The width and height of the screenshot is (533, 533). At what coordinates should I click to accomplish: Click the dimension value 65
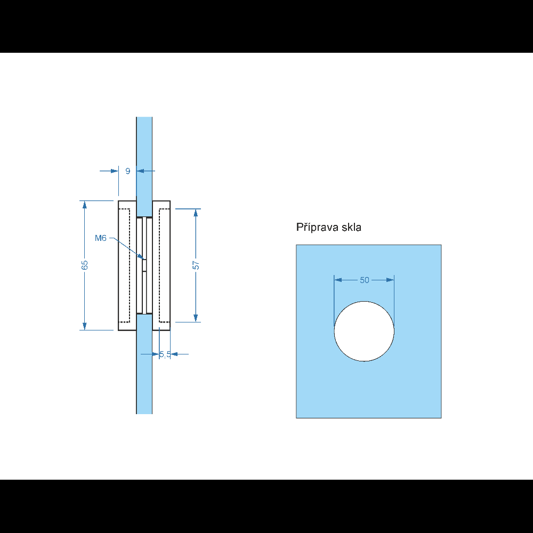pyautogui.click(x=85, y=265)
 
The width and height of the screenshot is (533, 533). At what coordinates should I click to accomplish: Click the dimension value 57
pyautogui.click(x=196, y=265)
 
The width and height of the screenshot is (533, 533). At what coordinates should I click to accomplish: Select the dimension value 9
pyautogui.click(x=128, y=171)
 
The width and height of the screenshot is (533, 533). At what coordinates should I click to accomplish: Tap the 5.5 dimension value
pyautogui.click(x=165, y=354)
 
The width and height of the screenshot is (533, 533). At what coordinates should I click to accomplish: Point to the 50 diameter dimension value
pyautogui.click(x=365, y=280)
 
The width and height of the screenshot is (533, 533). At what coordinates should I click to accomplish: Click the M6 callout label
pyautogui.click(x=101, y=238)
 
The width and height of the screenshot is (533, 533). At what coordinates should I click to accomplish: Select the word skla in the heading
pyautogui.click(x=351, y=227)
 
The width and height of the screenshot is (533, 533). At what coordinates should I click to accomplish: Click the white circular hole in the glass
pyautogui.click(x=364, y=331)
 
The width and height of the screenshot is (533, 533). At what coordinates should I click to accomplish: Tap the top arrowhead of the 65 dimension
pyautogui.click(x=85, y=205)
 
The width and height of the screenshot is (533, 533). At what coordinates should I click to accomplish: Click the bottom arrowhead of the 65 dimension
pyautogui.click(x=85, y=326)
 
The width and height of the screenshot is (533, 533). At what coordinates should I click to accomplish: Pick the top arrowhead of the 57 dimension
pyautogui.click(x=196, y=213)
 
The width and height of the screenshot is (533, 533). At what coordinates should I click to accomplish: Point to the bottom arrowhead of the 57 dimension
pyautogui.click(x=196, y=318)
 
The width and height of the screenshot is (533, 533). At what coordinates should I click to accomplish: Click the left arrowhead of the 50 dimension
pyautogui.click(x=338, y=280)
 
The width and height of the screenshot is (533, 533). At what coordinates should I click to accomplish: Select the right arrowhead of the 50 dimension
pyautogui.click(x=390, y=280)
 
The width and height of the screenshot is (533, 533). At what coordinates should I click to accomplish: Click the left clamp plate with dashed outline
pyautogui.click(x=127, y=265)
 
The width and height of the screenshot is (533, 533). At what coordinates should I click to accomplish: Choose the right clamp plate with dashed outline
pyautogui.click(x=161, y=265)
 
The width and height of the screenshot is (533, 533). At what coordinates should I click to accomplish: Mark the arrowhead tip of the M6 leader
pyautogui.click(x=144, y=260)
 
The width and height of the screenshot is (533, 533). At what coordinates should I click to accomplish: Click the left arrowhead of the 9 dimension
pyautogui.click(x=115, y=171)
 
